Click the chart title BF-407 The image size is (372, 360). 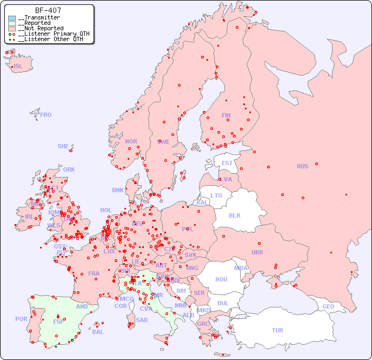[x=48, y=10]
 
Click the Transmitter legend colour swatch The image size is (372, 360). [x=12, y=18]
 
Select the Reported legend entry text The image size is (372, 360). [x=34, y=23]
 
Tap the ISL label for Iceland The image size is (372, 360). [x=18, y=67]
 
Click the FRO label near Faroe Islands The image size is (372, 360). [x=46, y=115]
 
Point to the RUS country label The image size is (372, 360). [x=302, y=166]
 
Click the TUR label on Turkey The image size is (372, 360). [x=277, y=330]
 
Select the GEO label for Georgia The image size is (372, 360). [x=328, y=306]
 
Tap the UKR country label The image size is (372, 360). [x=257, y=252]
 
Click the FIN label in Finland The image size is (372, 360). [x=226, y=115]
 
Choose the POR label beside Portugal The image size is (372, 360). [x=21, y=319]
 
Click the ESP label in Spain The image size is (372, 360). [x=58, y=322]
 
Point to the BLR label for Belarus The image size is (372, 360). [x=234, y=215]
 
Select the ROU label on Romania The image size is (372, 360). [x=221, y=279]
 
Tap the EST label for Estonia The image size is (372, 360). [x=227, y=163]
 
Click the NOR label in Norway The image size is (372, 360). [x=131, y=141]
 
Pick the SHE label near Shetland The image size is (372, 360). [x=63, y=146]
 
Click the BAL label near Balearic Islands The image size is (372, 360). [x=97, y=332]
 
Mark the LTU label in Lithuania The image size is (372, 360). [x=216, y=195]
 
